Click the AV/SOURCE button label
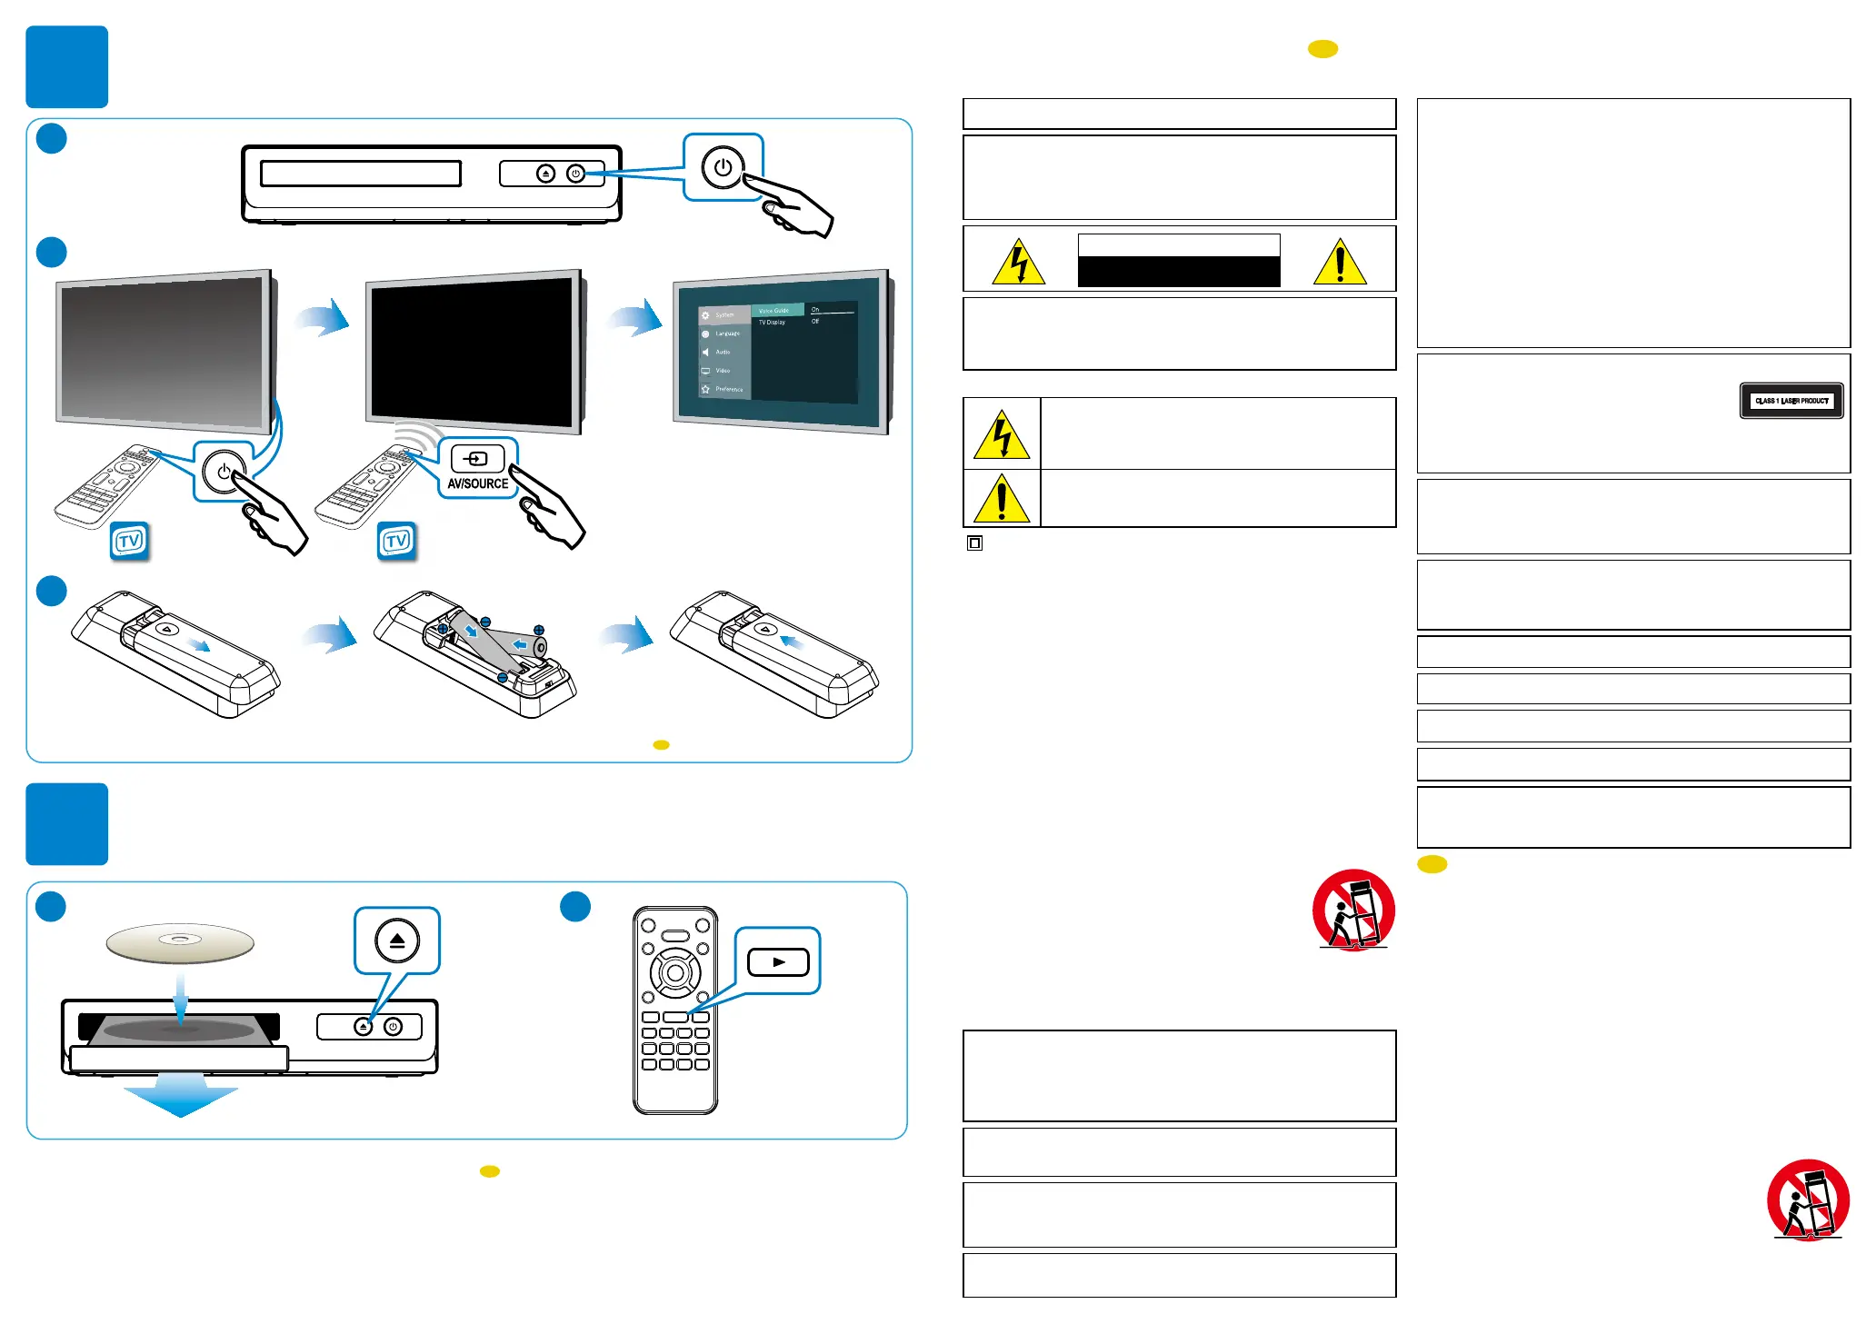click(477, 483)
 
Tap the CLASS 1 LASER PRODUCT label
click(1791, 401)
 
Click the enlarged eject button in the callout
click(397, 941)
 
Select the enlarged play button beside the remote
click(778, 961)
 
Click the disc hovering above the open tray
click(180, 942)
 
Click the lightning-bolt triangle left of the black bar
click(1018, 263)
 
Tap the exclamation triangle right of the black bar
click(1340, 263)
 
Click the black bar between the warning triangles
click(1179, 271)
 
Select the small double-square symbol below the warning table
click(974, 543)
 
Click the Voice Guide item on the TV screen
click(775, 310)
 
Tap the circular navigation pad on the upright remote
click(675, 973)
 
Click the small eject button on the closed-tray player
click(545, 174)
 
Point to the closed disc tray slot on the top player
click(361, 174)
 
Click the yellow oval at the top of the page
click(1322, 49)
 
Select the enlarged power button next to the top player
click(723, 168)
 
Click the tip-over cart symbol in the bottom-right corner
click(1808, 1200)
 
